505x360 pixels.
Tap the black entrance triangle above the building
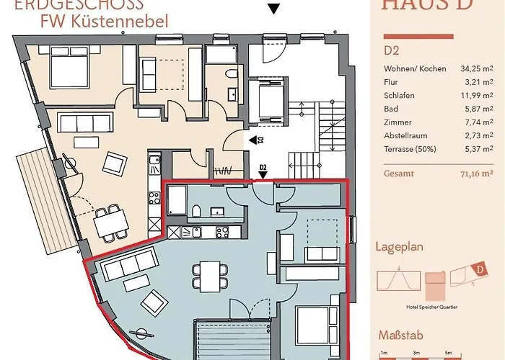(273, 9)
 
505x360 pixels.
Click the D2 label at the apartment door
(263, 168)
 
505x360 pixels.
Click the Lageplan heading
(398, 247)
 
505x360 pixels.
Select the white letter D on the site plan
(478, 270)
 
